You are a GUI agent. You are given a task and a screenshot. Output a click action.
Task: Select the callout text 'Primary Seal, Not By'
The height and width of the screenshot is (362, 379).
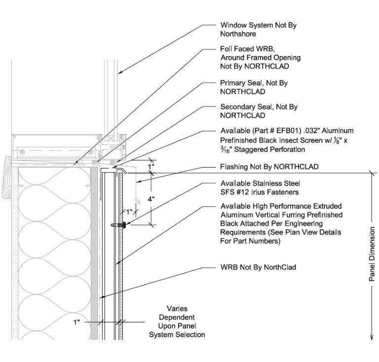[x=254, y=83]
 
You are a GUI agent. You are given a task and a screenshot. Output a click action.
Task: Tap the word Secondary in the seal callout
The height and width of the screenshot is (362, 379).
[x=237, y=107]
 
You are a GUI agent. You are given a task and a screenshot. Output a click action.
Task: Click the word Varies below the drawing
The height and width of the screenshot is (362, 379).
[x=177, y=309]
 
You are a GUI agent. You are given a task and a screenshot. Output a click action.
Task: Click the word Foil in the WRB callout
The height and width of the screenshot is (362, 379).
[x=227, y=49]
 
